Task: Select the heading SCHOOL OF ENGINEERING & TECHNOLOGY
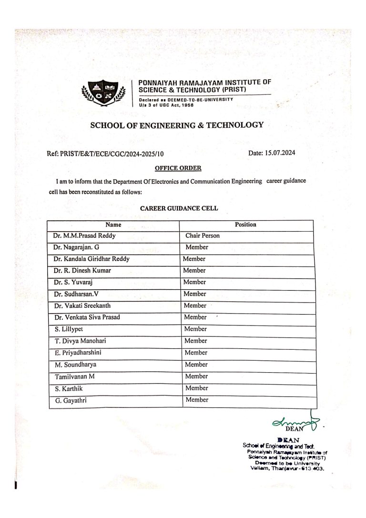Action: point(177,125)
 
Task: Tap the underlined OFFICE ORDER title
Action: point(178,168)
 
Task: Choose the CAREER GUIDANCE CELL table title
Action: point(179,208)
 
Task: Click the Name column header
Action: point(113,224)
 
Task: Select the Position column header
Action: point(245,224)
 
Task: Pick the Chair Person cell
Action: point(203,236)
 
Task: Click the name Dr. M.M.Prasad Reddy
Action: point(84,236)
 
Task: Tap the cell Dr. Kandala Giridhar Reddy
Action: point(91,259)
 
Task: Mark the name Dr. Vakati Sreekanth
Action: point(82,306)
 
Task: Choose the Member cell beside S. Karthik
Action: point(196,388)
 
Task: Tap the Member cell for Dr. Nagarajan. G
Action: point(197,247)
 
